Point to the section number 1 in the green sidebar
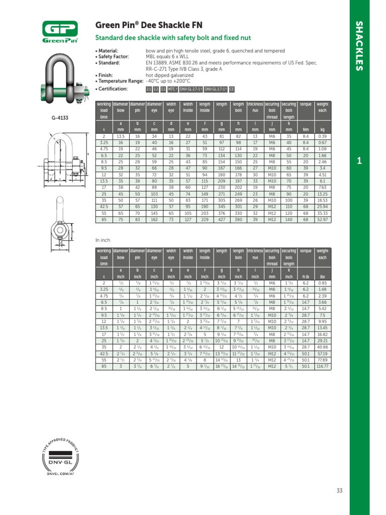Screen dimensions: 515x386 [x=359, y=161]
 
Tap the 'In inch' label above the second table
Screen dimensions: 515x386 [x=103, y=240]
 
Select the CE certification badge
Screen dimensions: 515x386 [x=232, y=89]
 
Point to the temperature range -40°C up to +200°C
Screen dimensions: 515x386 [x=169, y=80]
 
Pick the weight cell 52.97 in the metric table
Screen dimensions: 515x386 [x=322, y=219]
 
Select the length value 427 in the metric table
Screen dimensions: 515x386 [x=222, y=219]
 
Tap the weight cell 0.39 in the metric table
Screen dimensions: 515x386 [x=322, y=136]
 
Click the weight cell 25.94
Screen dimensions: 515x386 [x=322, y=206]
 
